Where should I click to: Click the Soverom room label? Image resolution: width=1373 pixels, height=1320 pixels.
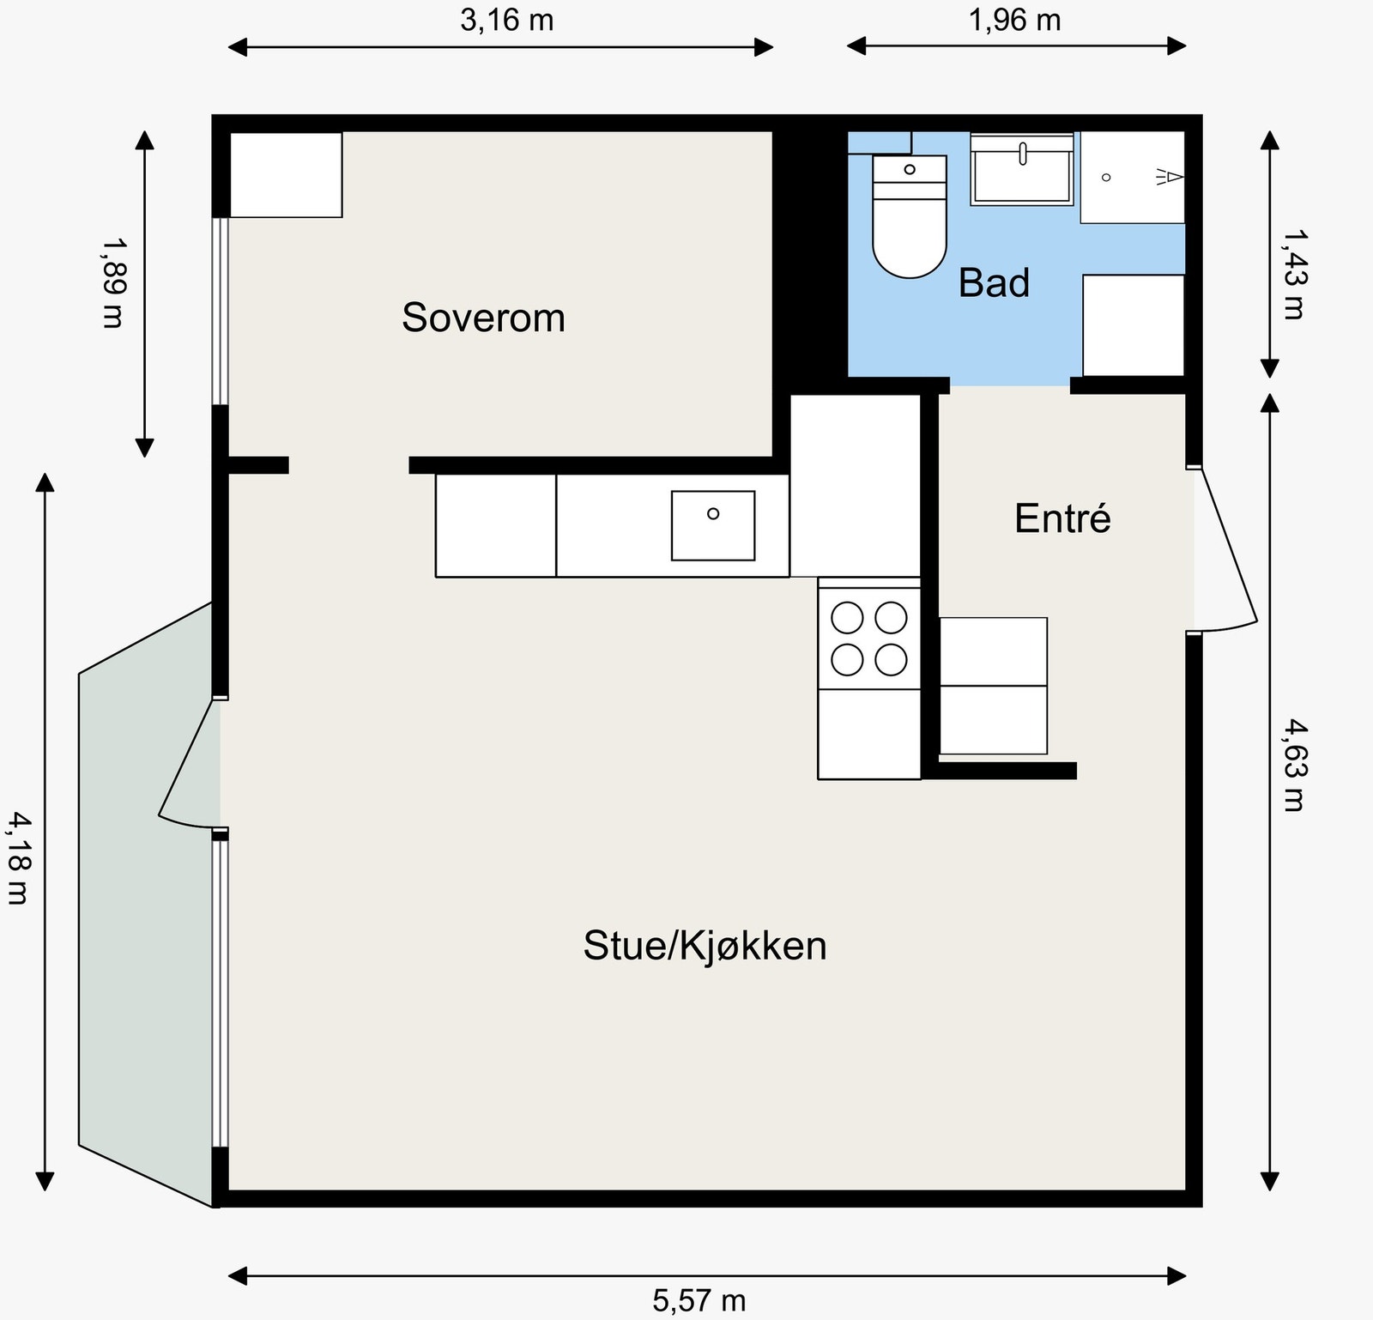(483, 318)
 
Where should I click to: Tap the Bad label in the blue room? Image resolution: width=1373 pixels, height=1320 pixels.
(993, 283)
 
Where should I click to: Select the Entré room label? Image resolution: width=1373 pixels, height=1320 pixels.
(1062, 518)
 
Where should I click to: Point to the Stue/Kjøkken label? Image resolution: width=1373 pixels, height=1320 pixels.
(705, 945)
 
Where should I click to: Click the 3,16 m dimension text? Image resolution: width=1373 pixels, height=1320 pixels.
(506, 20)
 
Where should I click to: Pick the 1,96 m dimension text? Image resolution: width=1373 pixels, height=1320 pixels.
(1014, 20)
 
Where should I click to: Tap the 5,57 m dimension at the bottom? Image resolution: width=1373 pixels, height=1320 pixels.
(699, 1300)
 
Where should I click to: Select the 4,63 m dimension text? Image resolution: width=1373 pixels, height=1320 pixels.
(1293, 766)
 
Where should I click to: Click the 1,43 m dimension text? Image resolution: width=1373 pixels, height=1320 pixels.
(1293, 273)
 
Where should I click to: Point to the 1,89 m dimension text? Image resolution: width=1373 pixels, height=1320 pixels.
(112, 282)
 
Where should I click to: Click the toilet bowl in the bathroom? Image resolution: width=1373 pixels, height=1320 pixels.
(910, 236)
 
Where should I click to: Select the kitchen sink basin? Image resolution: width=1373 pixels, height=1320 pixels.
(712, 525)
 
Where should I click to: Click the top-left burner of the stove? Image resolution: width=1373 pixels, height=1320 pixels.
(848, 617)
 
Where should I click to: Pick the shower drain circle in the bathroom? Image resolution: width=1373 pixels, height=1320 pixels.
(1106, 177)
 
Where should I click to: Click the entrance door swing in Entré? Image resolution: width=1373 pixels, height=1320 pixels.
(1223, 549)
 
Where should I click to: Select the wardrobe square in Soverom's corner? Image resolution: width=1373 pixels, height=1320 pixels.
(286, 174)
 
